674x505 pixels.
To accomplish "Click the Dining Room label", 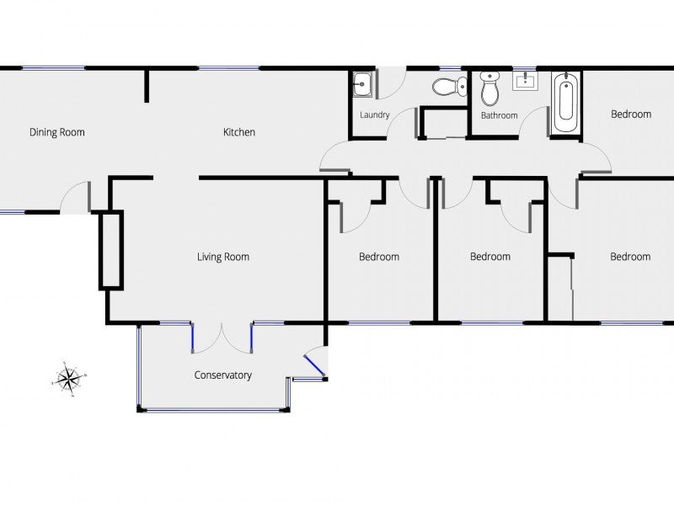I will (57, 132).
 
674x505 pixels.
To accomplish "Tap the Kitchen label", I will (238, 132).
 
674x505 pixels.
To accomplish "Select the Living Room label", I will (223, 257).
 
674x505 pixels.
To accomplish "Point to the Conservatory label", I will (223, 375).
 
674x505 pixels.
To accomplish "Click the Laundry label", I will (374, 115).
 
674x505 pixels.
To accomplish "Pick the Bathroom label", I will (499, 115).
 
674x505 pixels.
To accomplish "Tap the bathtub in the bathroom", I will (566, 103).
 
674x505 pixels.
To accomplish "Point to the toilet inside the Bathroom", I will (489, 88).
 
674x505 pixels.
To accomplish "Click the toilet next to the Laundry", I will (450, 86).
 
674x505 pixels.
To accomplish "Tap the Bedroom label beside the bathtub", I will (631, 114).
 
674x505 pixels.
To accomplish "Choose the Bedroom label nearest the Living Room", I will (379, 257).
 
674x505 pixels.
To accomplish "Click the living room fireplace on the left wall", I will (111, 251).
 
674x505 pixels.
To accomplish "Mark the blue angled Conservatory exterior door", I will (314, 364).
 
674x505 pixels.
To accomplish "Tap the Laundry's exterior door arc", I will (392, 80).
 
